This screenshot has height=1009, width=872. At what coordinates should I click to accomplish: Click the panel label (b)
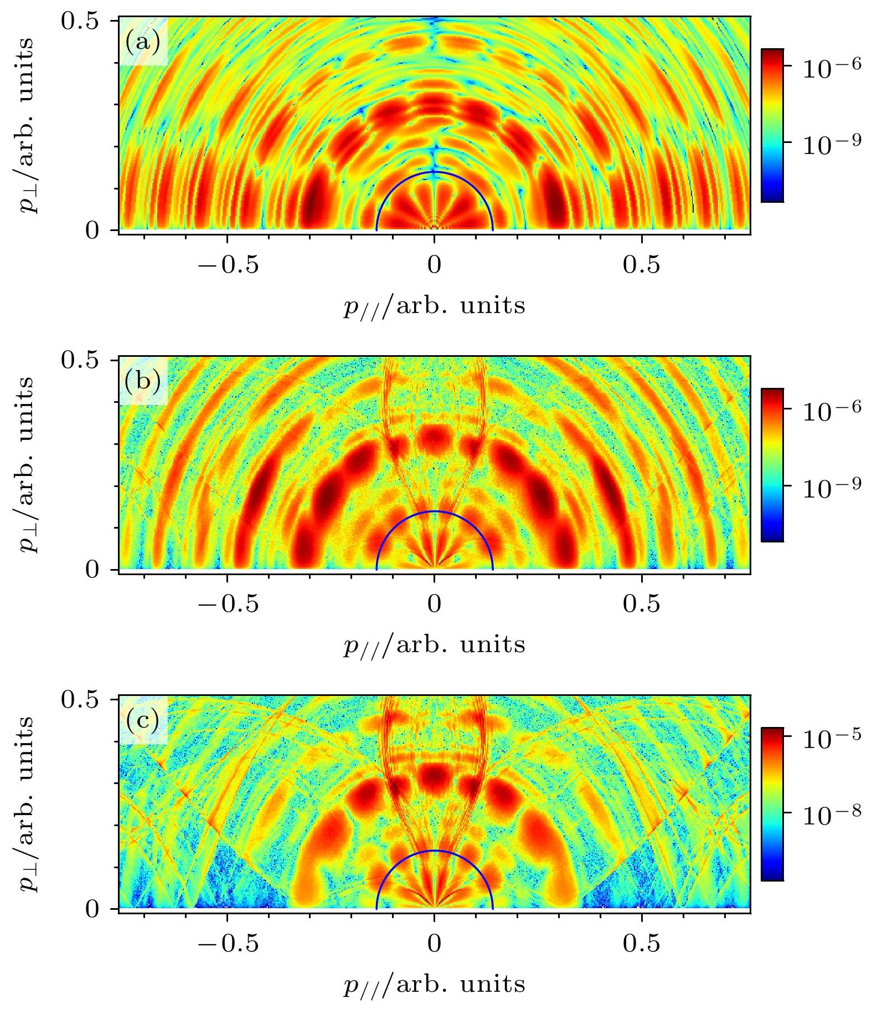point(142,381)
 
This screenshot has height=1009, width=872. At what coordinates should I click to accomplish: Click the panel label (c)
point(142,720)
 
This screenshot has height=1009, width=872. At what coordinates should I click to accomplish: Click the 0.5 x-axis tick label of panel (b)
point(642,604)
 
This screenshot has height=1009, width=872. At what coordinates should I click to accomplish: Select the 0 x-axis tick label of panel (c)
point(435,943)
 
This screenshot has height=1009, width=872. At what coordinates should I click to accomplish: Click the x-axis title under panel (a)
point(434,305)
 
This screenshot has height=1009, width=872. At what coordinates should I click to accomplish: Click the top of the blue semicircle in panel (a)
point(435,172)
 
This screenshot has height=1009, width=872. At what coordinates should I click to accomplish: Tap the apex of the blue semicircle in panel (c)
point(435,851)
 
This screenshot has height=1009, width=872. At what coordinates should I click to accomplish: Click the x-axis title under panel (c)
point(434,984)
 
